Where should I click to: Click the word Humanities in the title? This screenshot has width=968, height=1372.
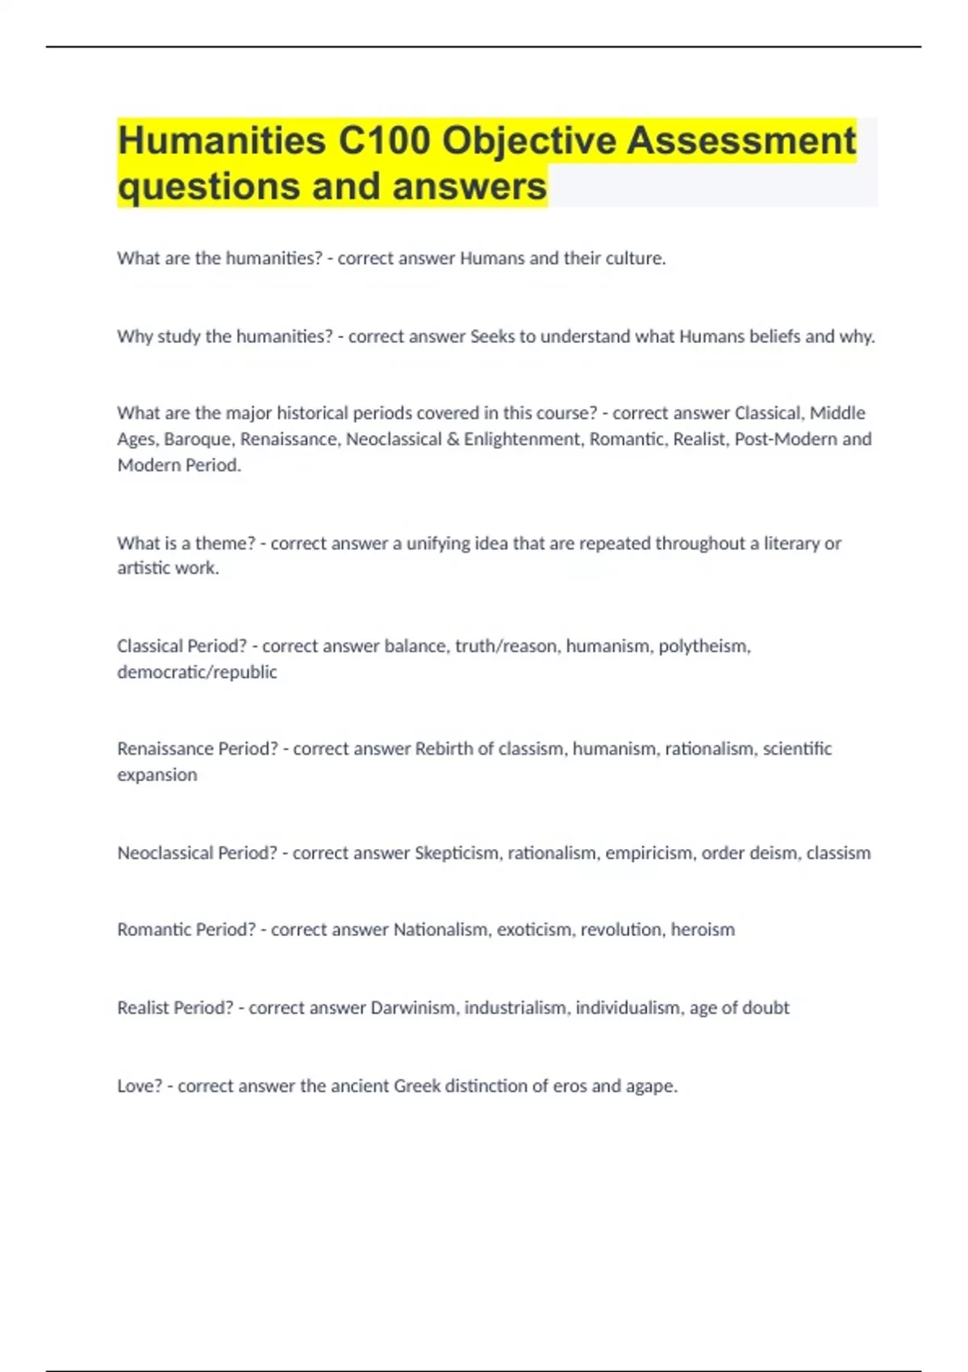221,140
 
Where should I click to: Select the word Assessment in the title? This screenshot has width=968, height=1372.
741,140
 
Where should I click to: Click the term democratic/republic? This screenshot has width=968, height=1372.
197,672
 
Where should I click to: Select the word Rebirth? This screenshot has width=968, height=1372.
443,749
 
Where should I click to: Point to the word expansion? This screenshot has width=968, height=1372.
156,775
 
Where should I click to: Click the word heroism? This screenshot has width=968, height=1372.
703,930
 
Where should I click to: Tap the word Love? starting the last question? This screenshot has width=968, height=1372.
140,1086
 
